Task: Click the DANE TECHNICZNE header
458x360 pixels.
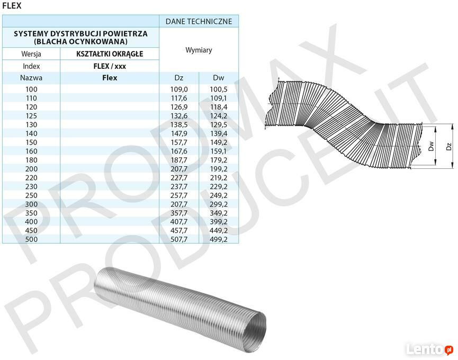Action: click(x=199, y=21)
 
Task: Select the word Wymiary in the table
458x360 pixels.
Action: click(x=199, y=50)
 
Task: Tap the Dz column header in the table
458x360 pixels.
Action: click(x=179, y=78)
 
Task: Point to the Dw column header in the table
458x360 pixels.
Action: click(x=219, y=78)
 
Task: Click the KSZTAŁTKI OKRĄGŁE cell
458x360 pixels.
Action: click(x=110, y=54)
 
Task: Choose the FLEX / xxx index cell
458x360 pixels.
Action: click(x=110, y=66)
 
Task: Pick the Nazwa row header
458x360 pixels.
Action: click(x=31, y=78)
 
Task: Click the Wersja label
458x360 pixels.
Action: click(x=31, y=54)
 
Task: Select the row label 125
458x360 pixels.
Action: click(x=31, y=116)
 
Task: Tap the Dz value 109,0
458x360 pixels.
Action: click(x=179, y=89)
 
